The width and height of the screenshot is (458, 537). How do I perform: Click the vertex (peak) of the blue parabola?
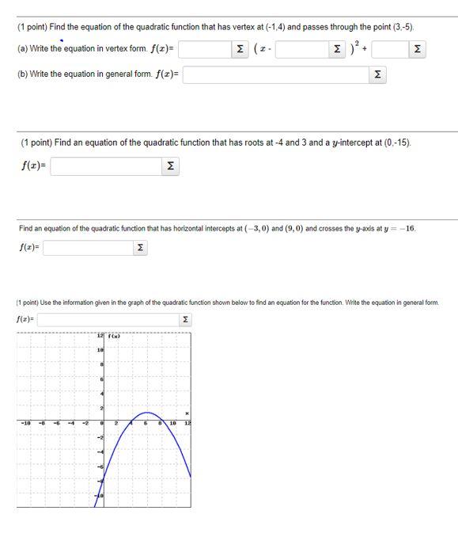[146, 413]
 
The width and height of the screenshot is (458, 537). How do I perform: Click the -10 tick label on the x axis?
[26, 424]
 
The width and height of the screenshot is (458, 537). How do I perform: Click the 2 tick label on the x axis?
[116, 424]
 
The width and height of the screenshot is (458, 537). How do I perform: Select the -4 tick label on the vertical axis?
[100, 452]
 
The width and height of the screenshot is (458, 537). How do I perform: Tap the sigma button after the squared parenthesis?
[417, 50]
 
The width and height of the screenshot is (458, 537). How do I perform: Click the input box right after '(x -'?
[303, 50]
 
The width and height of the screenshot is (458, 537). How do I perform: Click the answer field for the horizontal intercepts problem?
[87, 248]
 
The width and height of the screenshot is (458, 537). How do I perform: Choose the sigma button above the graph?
[186, 320]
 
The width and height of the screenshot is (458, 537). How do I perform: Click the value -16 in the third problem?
[404, 228]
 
